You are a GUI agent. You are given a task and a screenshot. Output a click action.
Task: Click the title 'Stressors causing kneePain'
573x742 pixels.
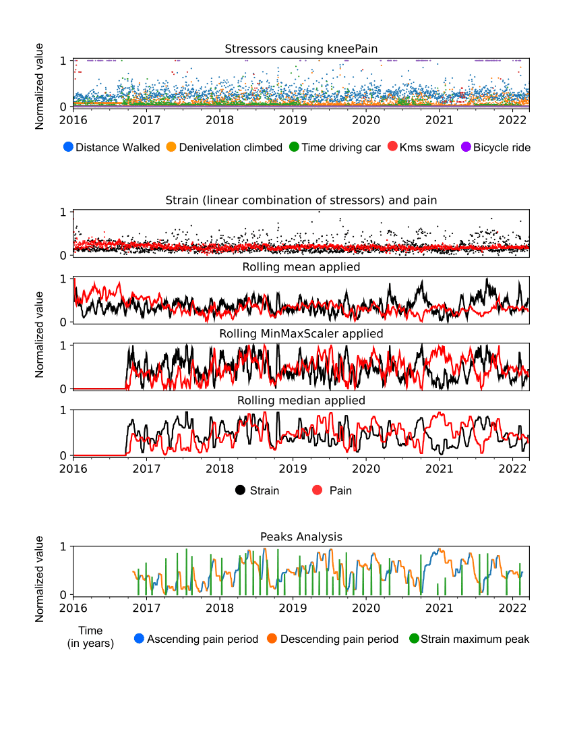click(301, 49)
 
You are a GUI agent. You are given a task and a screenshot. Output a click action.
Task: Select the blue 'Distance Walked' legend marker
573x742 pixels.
click(67, 147)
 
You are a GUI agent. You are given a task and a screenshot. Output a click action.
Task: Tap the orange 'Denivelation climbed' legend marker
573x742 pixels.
click(171, 147)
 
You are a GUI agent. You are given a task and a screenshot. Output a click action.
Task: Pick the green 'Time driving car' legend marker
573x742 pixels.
click(294, 147)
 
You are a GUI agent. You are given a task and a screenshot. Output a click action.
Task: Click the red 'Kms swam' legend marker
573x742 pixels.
click(392, 147)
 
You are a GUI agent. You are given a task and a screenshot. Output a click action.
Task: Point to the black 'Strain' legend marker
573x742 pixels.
click(241, 490)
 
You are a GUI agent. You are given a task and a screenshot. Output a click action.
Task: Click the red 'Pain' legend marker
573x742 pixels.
click(318, 490)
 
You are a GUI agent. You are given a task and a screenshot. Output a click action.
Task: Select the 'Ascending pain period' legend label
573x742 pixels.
click(202, 639)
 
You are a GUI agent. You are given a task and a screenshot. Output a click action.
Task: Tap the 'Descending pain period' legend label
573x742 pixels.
click(339, 639)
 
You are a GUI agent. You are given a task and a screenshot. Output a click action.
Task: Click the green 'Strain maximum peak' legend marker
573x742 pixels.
click(413, 639)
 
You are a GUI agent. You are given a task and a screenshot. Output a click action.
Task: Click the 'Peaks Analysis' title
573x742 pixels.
click(301, 537)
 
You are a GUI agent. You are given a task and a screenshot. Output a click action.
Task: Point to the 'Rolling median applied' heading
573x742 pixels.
click(301, 401)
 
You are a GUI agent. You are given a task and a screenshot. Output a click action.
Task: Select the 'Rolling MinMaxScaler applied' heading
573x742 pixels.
click(301, 334)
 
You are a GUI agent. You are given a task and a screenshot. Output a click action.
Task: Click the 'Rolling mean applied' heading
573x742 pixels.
click(301, 267)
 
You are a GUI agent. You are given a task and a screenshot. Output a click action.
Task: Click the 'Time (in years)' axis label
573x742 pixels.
click(90, 637)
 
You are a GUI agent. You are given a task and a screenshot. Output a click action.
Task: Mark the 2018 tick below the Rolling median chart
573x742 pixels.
click(219, 467)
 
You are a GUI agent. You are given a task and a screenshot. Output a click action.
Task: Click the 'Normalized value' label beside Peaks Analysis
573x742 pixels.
click(40, 578)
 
